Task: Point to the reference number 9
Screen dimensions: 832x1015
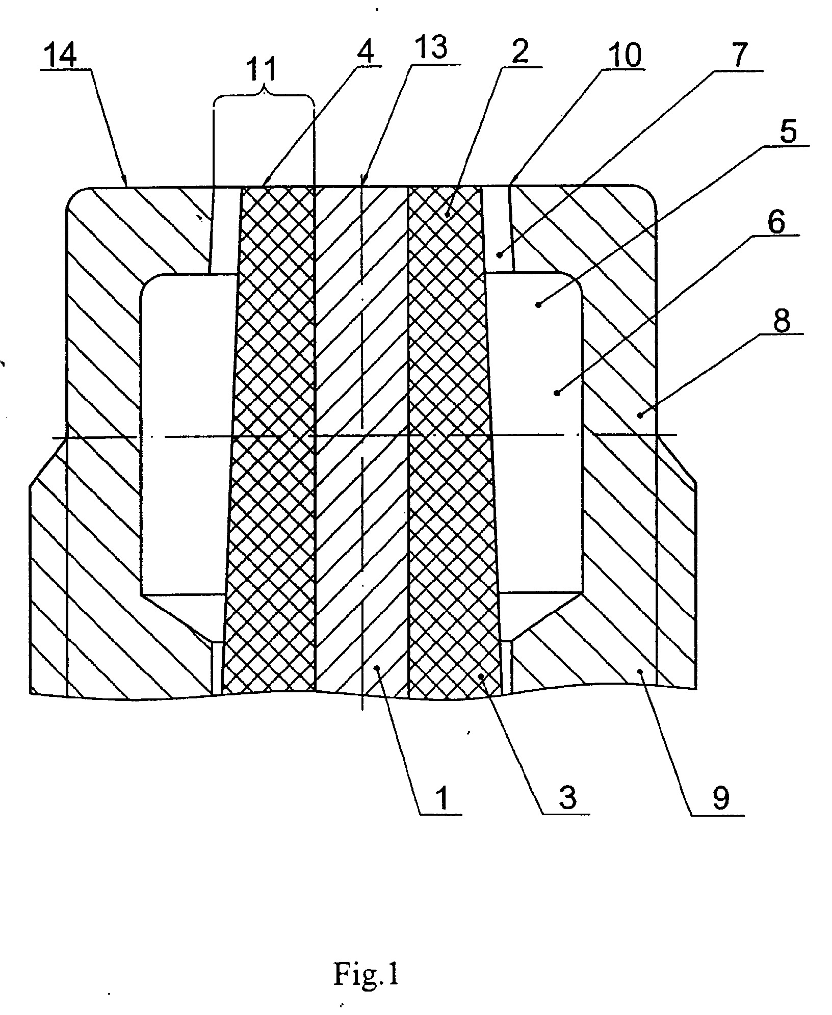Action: click(721, 798)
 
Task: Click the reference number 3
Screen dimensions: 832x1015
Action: click(568, 797)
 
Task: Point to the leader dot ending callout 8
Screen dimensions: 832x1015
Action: click(639, 415)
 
